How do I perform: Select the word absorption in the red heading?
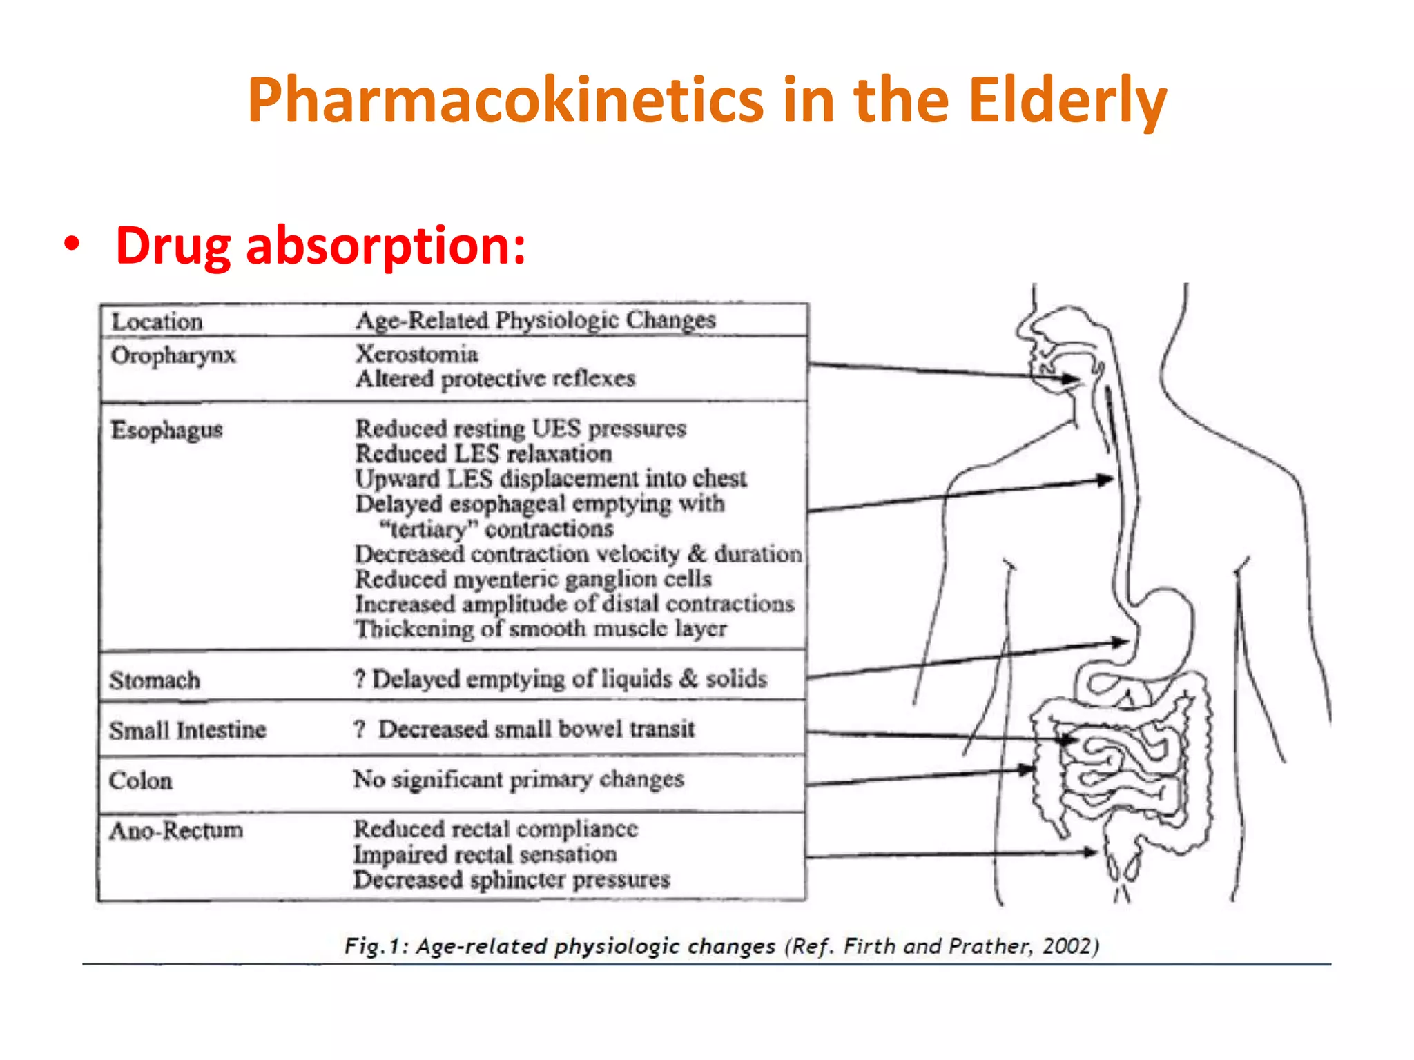(x=385, y=246)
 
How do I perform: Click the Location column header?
(x=157, y=322)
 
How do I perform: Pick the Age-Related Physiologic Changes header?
(x=536, y=320)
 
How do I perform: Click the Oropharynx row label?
(x=173, y=355)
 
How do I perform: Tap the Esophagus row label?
(x=166, y=430)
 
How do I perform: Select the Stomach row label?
(x=155, y=680)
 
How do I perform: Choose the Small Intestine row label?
(x=187, y=730)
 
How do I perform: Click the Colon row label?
(x=141, y=781)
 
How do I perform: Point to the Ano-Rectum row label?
(x=176, y=830)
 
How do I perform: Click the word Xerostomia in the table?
(x=417, y=354)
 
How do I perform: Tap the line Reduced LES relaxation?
(x=483, y=454)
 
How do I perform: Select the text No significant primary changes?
(x=519, y=780)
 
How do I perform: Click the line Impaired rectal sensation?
(x=485, y=854)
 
